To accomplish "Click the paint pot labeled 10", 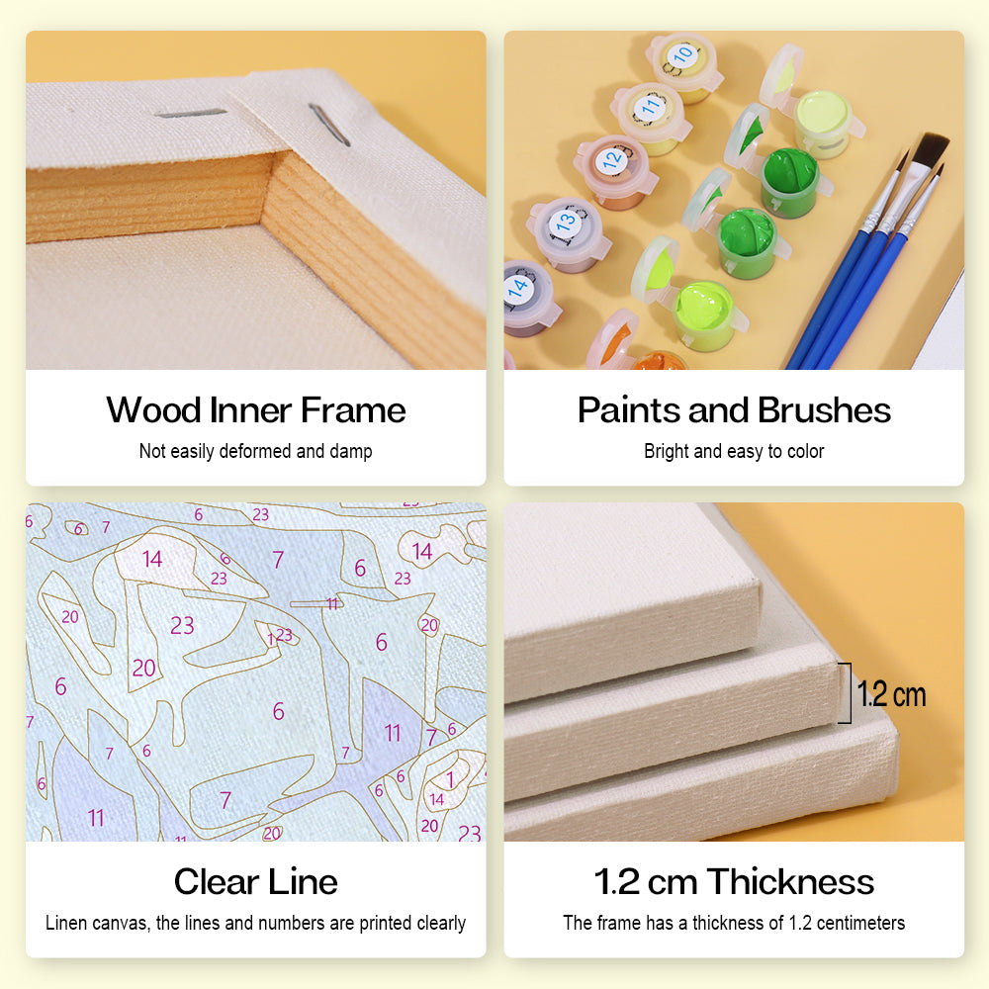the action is (x=684, y=66).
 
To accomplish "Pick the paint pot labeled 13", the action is (x=568, y=233).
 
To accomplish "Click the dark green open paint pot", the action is (x=789, y=182).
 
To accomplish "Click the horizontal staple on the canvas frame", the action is (x=191, y=113).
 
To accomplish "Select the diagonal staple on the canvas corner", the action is (x=329, y=125).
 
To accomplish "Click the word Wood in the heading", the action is (x=154, y=410).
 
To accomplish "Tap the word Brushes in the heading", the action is (x=825, y=410).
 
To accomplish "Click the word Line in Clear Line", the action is (x=305, y=881).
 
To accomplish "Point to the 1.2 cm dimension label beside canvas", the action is (x=892, y=694).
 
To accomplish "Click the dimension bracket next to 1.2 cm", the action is (x=849, y=692).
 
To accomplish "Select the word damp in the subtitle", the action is (x=351, y=452).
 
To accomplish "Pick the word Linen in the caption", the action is (x=65, y=923).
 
